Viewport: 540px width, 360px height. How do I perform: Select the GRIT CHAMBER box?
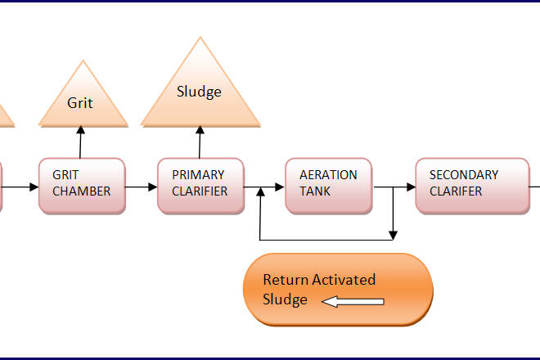(83, 186)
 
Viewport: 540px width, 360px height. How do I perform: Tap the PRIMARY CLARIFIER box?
(200, 186)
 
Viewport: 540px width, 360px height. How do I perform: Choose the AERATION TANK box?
(328, 186)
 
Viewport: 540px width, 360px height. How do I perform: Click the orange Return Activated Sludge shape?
(337, 290)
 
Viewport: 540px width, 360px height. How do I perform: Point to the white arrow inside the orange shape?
(353, 302)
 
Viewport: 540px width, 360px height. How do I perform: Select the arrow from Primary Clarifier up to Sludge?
(199, 142)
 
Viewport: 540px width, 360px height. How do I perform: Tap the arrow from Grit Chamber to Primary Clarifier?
(142, 187)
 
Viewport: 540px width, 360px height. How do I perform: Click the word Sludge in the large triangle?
(199, 92)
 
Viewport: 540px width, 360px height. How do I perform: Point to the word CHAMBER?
(81, 191)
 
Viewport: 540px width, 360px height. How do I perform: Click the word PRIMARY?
(197, 175)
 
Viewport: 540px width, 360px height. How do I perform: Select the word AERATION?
(328, 175)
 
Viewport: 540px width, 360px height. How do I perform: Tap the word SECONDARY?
(463, 175)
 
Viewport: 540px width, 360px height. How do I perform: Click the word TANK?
(314, 191)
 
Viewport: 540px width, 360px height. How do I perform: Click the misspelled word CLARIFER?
(456, 191)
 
